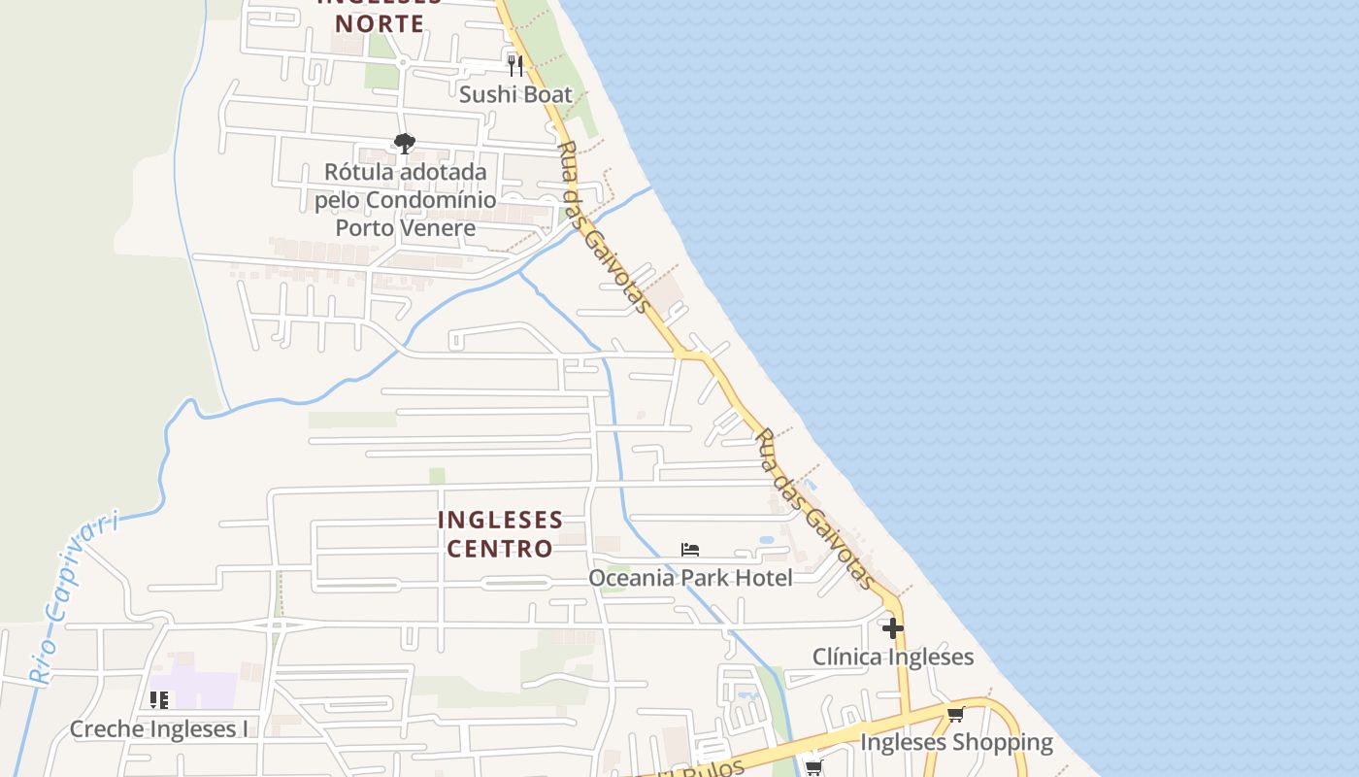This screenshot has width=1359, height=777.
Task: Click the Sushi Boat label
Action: tap(515, 94)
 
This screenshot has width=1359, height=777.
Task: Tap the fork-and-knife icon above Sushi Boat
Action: tap(515, 65)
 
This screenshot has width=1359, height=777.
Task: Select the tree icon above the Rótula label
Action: tap(405, 144)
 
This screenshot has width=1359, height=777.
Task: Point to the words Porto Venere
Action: tap(405, 228)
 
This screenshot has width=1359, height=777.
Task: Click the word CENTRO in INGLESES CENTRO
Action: tap(500, 549)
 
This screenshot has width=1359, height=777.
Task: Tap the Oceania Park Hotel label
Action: tap(690, 578)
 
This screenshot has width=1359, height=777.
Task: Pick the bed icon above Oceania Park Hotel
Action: tap(690, 550)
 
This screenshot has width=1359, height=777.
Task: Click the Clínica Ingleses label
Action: tap(893, 657)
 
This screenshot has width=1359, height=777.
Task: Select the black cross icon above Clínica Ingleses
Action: tap(892, 628)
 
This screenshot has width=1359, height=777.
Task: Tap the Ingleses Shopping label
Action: tap(956, 743)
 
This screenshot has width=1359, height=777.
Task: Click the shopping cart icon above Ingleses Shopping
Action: tap(955, 715)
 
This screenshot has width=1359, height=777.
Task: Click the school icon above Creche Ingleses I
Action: tap(159, 699)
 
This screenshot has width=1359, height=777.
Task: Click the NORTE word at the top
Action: tap(386, 23)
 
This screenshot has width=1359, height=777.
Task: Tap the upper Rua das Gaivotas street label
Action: tap(602, 227)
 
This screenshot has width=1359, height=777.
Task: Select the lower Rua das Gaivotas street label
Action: tap(814, 508)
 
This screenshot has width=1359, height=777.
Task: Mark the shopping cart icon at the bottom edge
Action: tap(813, 768)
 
